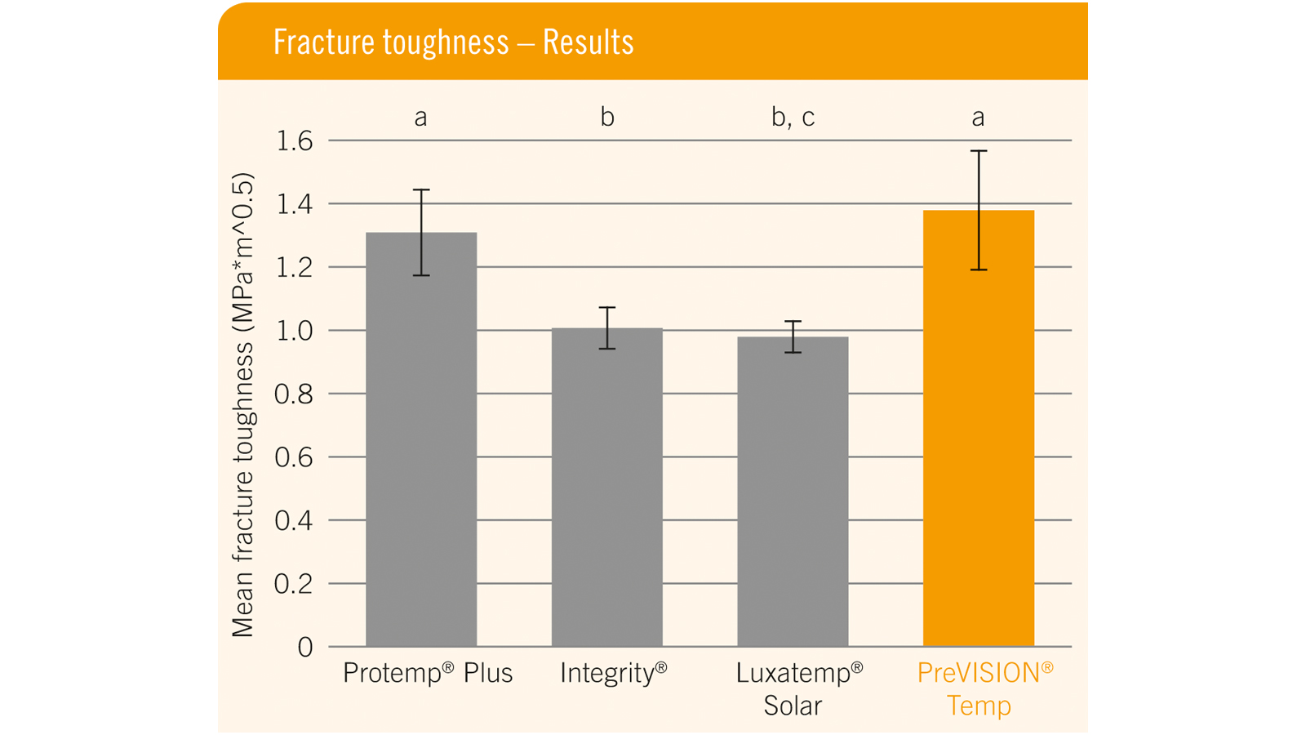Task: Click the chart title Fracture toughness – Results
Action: click(453, 42)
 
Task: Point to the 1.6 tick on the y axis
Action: click(295, 141)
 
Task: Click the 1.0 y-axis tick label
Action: click(295, 331)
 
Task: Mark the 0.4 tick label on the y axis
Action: click(295, 520)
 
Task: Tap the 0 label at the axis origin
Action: click(305, 648)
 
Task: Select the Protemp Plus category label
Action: click(428, 673)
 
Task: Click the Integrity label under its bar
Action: click(613, 673)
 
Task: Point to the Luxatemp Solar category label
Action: click(798, 688)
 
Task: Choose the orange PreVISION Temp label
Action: click(984, 688)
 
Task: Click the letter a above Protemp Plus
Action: click(420, 118)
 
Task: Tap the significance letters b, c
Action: click(793, 118)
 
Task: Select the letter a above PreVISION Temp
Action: click(978, 118)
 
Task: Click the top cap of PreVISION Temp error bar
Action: click(979, 151)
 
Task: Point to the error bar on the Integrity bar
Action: click(606, 327)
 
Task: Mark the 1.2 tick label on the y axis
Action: click(295, 267)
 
